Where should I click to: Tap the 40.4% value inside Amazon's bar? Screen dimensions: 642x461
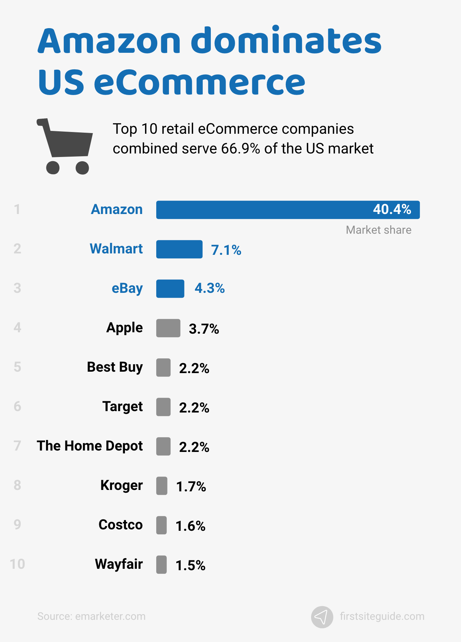click(x=392, y=209)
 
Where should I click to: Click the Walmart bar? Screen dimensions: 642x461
click(x=179, y=249)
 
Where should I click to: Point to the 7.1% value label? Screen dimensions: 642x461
click(x=226, y=250)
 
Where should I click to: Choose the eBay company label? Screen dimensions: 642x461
click(x=127, y=288)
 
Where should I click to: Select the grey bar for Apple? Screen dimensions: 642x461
click(x=168, y=328)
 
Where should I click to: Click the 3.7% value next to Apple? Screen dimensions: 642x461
click(x=204, y=329)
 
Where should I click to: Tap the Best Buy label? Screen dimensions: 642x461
click(x=115, y=367)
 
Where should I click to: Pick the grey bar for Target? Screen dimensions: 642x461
click(x=163, y=407)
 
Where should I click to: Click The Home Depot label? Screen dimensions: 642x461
click(x=90, y=446)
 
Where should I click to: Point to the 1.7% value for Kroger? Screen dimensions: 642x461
click(x=191, y=487)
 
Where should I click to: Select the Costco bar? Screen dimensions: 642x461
click(x=162, y=525)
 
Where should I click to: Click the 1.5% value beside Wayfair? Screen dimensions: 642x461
click(x=190, y=566)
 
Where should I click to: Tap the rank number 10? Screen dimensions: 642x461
click(x=17, y=564)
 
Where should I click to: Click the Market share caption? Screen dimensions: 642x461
click(x=378, y=230)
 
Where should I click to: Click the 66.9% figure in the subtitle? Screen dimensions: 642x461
click(x=240, y=149)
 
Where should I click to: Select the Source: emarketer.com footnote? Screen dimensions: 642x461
click(x=91, y=616)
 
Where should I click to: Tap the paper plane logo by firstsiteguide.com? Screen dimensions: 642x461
click(x=322, y=617)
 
